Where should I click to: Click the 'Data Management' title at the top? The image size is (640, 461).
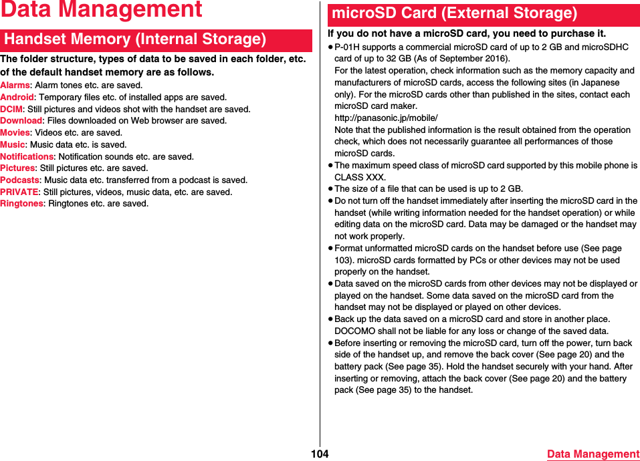(101, 10)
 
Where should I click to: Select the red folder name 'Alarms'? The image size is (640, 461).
(15, 86)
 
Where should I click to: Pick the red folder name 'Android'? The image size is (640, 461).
(17, 98)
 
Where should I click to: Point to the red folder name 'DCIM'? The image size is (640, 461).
(11, 109)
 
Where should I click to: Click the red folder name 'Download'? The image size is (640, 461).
(21, 121)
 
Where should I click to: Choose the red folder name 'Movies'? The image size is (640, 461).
(15, 133)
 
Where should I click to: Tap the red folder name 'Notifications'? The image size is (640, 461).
(27, 156)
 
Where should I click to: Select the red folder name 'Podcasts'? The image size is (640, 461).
(19, 180)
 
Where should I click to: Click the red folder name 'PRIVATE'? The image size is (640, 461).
(19, 192)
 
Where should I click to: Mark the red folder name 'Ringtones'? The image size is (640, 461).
(21, 204)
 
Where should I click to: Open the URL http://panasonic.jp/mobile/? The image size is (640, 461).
(386, 118)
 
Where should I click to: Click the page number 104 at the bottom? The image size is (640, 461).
(320, 454)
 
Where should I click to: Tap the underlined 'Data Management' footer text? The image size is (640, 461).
(593, 454)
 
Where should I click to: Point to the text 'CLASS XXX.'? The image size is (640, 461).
(360, 177)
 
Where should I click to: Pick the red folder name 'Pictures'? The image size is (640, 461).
(17, 168)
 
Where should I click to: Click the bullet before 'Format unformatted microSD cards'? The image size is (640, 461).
(330, 249)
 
